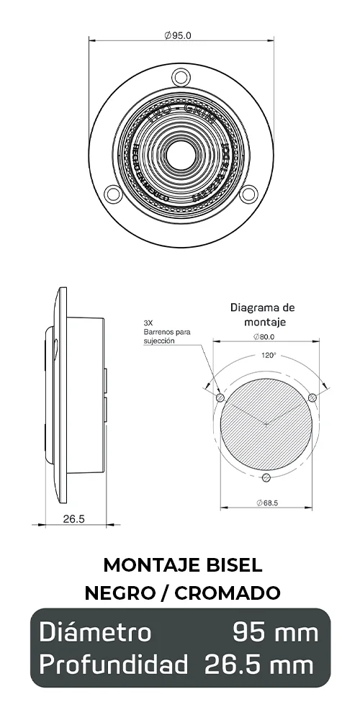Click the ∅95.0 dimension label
pos(178,35)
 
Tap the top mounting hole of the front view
pos(180,76)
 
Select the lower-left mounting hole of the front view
pos(112,193)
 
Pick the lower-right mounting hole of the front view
pos(248,193)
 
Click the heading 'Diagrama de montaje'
pos(263,315)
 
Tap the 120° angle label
pos(268,355)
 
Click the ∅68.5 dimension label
pos(266,502)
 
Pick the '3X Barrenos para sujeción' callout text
pos(167,333)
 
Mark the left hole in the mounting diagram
pos(220,398)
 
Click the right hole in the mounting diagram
pos(312,398)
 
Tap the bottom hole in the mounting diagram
pos(266,478)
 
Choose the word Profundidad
pos(114,664)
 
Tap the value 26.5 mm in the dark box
pos(259,664)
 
